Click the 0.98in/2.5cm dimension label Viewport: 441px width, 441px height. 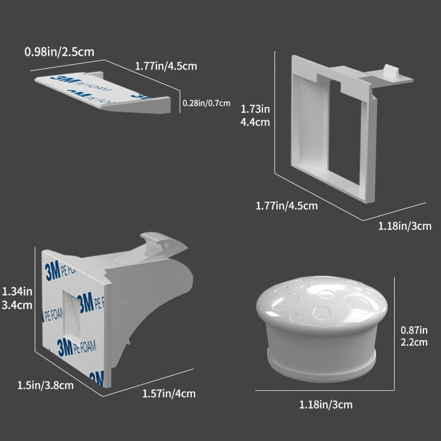(60, 52)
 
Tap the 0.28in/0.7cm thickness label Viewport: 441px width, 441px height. (206, 103)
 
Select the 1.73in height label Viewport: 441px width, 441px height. (255, 109)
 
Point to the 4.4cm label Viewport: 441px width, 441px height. (255, 122)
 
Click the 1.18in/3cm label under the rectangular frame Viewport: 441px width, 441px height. (405, 226)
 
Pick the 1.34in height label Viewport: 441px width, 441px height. (17, 292)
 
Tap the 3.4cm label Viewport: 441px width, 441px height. (17, 305)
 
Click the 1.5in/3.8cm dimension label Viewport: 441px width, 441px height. (46, 385)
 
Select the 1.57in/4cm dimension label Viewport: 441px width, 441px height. (169, 394)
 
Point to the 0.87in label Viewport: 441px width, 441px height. (414, 330)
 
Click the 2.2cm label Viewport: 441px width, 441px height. (414, 342)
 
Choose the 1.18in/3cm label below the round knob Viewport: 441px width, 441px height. (326, 405)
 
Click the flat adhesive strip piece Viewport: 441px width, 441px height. (103, 93)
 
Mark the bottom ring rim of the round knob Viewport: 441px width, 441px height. (321, 365)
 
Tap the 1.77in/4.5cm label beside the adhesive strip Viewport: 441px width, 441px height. (166, 66)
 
